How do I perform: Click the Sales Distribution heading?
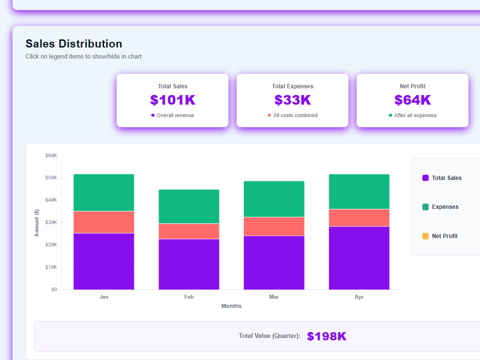tap(74, 44)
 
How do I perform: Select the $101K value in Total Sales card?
tap(173, 100)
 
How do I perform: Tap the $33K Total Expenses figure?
tap(293, 100)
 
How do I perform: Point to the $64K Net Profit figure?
tap(413, 100)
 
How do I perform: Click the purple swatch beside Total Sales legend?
tap(425, 178)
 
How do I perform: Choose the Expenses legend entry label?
tap(445, 207)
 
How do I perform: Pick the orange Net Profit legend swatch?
tap(425, 236)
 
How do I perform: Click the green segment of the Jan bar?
tap(104, 192)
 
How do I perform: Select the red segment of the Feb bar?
tap(189, 231)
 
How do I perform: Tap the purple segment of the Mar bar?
tap(274, 263)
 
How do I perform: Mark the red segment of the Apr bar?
tap(359, 217)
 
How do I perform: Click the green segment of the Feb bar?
tap(189, 206)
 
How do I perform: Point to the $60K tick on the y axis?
tap(51, 156)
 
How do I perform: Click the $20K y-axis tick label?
tap(51, 245)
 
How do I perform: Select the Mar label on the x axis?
tap(274, 297)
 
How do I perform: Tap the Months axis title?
tap(231, 306)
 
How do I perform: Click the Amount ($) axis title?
tap(37, 223)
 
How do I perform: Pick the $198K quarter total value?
tap(326, 336)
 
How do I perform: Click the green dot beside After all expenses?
tap(390, 115)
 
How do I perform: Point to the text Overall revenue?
tap(175, 115)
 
